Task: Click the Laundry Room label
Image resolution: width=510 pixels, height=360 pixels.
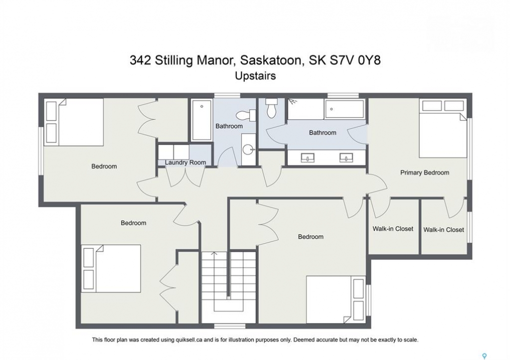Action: click(185, 162)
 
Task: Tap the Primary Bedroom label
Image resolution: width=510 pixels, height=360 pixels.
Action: click(424, 173)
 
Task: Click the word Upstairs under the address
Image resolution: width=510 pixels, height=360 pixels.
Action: click(255, 75)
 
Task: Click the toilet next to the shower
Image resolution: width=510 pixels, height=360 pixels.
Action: click(271, 108)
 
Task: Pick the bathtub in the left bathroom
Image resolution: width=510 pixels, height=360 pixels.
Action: click(202, 119)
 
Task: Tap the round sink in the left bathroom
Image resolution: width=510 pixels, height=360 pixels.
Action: click(249, 150)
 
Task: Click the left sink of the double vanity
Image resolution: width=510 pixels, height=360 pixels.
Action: click(307, 158)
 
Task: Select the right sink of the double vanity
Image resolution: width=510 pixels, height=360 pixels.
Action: click(346, 158)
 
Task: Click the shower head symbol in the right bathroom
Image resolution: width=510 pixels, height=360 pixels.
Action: click(293, 101)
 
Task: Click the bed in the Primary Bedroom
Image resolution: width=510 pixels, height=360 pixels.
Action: click(443, 129)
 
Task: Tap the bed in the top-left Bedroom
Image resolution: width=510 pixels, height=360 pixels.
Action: click(74, 122)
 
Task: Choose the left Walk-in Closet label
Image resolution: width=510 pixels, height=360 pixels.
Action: click(393, 228)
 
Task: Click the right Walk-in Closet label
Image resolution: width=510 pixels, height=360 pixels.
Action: click(443, 229)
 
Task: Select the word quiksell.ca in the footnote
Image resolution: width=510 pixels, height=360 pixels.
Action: click(189, 340)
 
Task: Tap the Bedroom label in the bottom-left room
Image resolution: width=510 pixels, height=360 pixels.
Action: click(133, 223)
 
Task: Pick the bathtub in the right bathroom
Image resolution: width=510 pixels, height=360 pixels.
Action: click(344, 109)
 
